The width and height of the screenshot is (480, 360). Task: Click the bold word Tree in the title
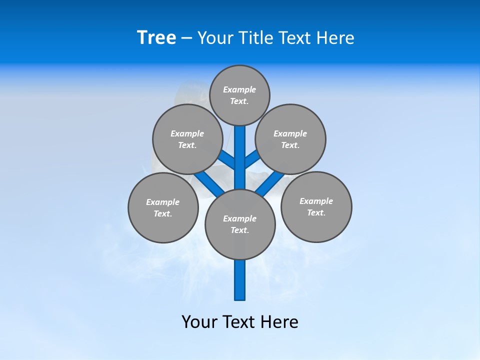tap(156, 37)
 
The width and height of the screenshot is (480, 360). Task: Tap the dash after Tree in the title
tap(186, 38)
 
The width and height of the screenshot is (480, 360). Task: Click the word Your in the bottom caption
tap(199, 321)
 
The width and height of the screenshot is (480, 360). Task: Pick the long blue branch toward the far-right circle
tap(270, 183)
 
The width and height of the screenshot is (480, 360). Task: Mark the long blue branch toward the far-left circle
tap(209, 183)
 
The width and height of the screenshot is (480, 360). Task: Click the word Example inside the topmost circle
tap(239, 89)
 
